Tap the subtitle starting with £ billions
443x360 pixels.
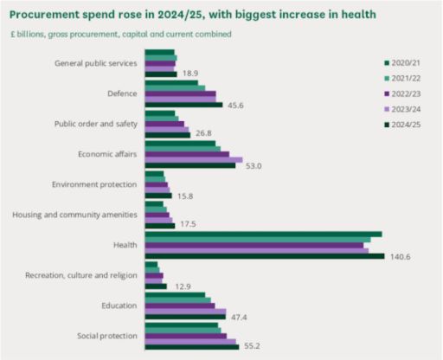(x=120, y=35)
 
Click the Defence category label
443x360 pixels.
(x=121, y=93)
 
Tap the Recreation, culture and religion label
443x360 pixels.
(x=83, y=275)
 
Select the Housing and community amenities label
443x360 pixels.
(x=74, y=215)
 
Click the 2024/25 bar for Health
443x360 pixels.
(x=265, y=256)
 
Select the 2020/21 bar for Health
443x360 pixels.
(x=263, y=234)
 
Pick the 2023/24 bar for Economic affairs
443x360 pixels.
(x=194, y=159)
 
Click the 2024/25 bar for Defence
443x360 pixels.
(x=183, y=105)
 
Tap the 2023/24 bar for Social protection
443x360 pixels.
(x=190, y=341)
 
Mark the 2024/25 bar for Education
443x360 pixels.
(x=185, y=317)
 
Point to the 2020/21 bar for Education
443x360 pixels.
(x=175, y=295)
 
